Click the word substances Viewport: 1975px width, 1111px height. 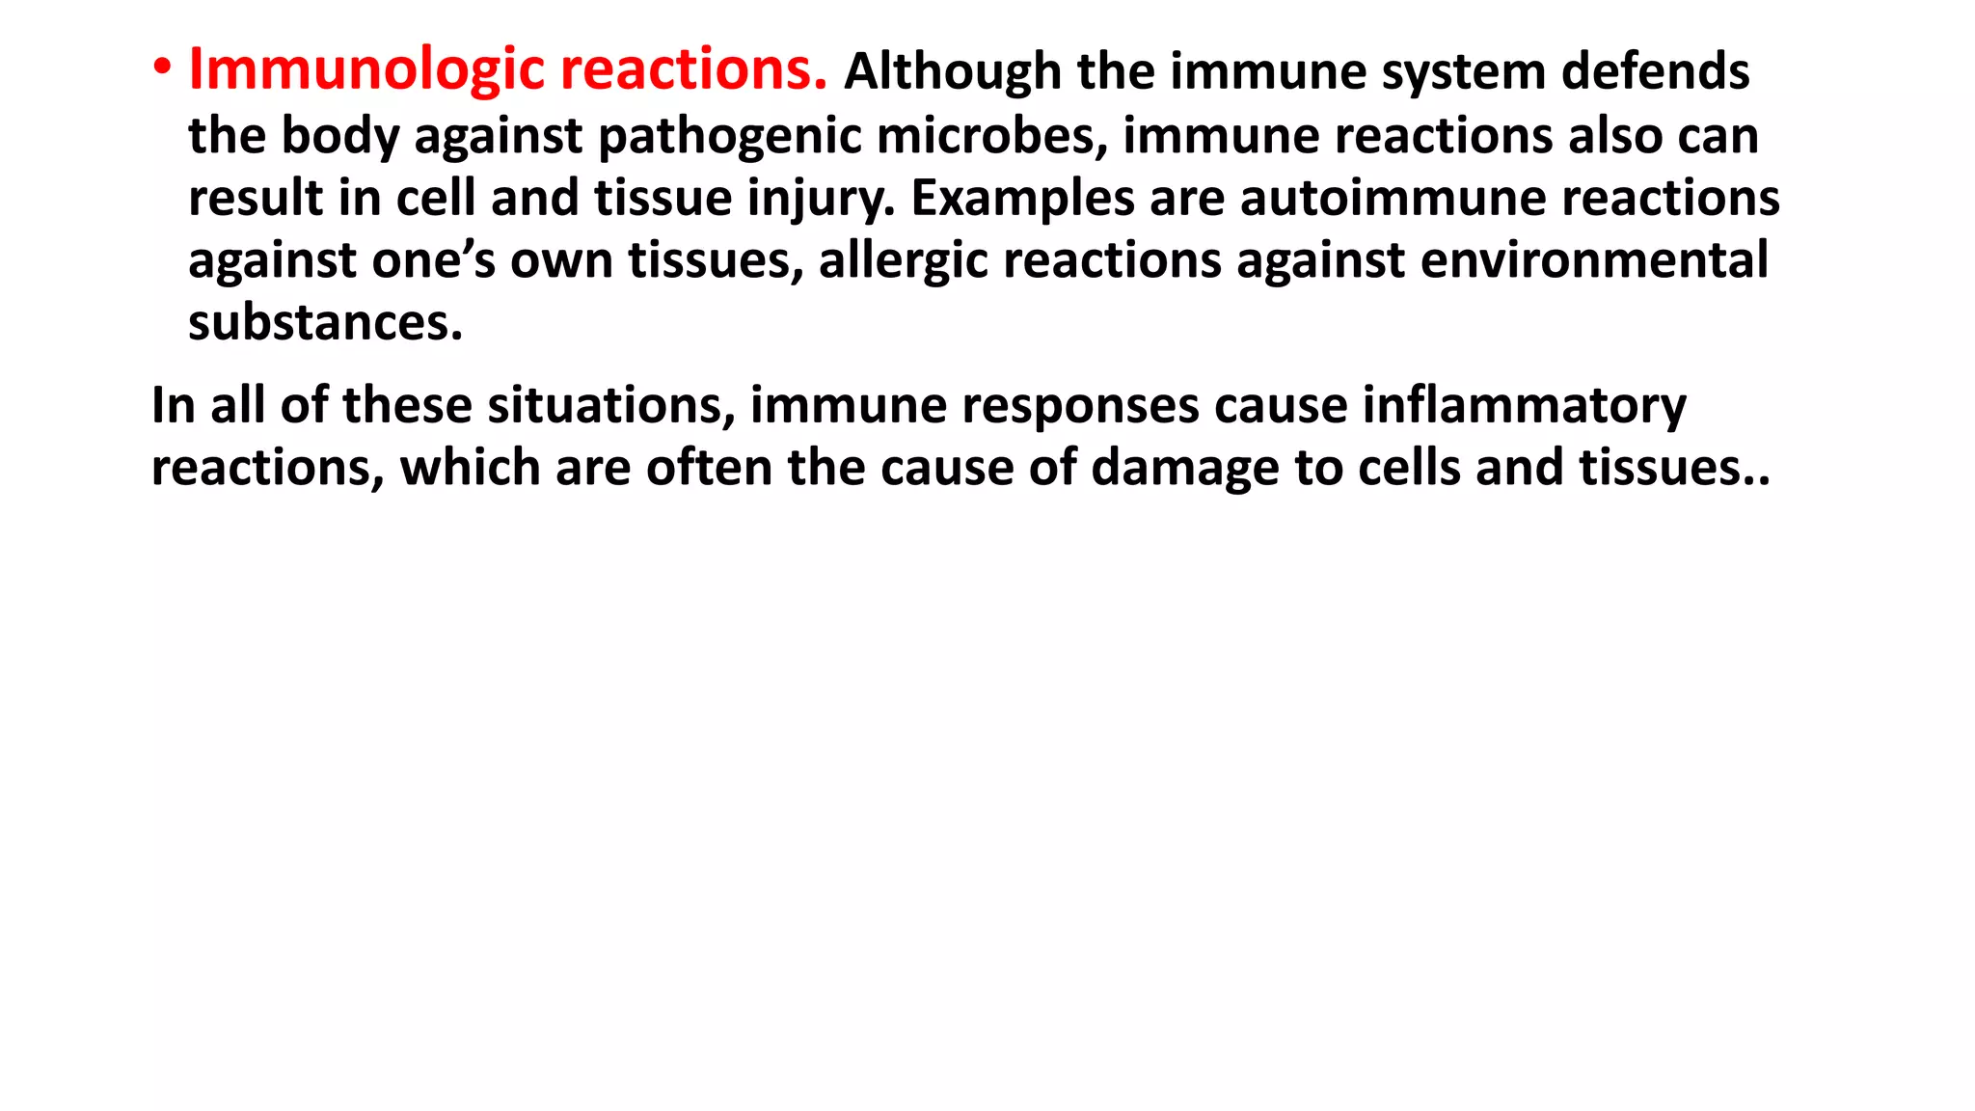(325, 323)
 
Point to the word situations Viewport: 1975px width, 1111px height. (610, 405)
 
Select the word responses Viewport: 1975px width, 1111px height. (1080, 406)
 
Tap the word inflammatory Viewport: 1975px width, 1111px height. (1524, 406)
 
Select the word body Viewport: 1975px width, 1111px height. (339, 136)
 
